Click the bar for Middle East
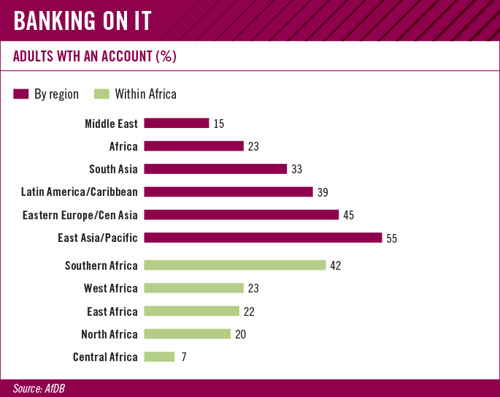point(177,123)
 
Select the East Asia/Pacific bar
point(263,238)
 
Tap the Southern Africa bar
point(235,265)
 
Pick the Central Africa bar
point(160,357)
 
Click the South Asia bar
point(215,169)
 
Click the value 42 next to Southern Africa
point(336,265)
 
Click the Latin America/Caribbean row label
point(80,192)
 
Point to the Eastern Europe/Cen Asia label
point(80,215)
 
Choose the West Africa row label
point(110,289)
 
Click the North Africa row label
point(109,334)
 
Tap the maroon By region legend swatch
point(21,94)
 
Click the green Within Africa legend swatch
point(101,94)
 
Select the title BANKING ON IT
point(82,20)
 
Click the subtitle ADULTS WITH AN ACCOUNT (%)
point(96,56)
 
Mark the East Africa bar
point(191,311)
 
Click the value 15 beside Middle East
point(219,124)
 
